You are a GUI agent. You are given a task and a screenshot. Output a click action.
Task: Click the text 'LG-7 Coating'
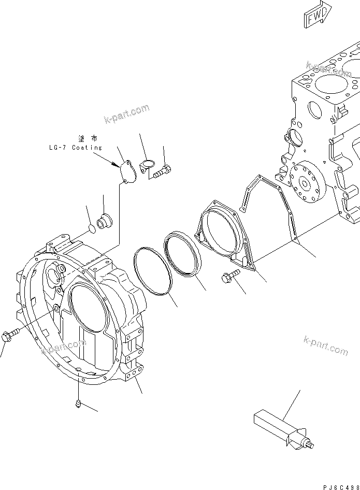coord(73,148)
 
